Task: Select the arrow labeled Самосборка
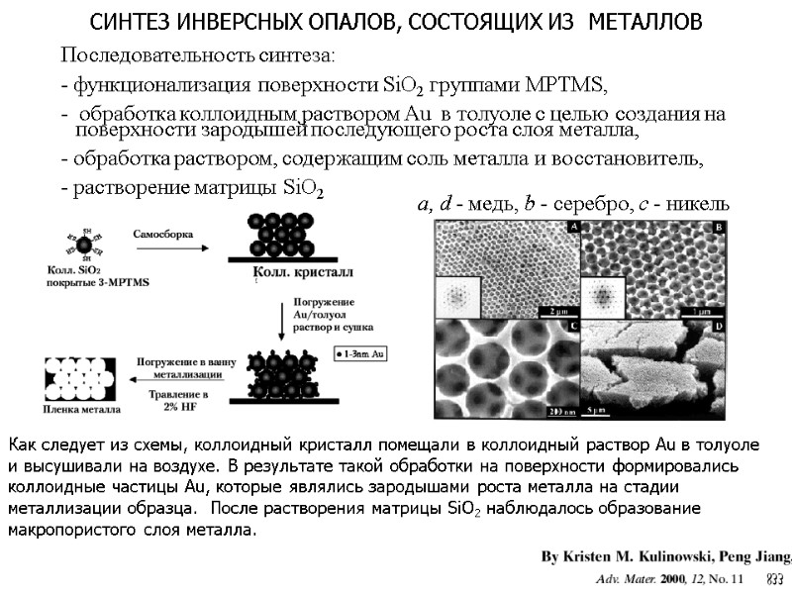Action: click(162, 246)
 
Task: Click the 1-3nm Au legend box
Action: click(363, 352)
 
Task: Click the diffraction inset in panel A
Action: click(456, 297)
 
